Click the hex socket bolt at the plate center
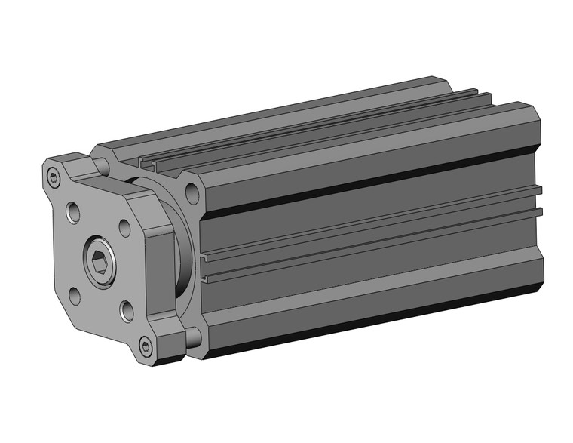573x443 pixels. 102,261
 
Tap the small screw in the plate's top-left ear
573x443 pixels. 53,178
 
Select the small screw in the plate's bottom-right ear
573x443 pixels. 146,346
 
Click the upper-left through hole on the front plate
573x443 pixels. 75,213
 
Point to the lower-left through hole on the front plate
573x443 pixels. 76,294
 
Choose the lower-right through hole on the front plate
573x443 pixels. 127,309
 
